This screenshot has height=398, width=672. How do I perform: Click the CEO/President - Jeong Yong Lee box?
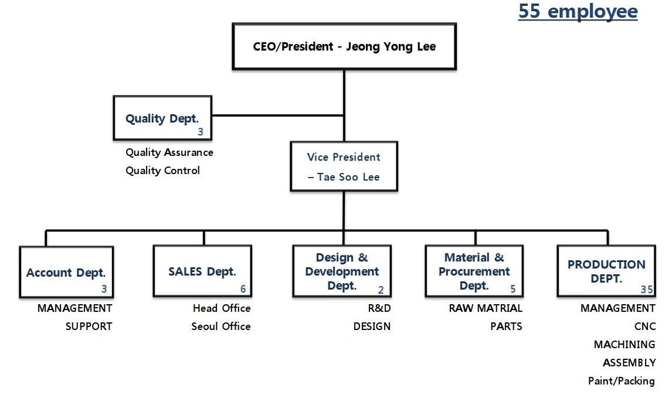coord(344,47)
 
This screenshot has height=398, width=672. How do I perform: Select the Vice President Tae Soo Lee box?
coord(344,166)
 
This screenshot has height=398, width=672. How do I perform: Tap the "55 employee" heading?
coord(578,11)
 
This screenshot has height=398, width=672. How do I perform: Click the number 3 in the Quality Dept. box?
coord(201,132)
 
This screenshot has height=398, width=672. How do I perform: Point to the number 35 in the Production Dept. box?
coord(647,289)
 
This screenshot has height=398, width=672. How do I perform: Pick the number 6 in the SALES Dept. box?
coord(243,289)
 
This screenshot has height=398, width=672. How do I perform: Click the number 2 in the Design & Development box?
coord(381,289)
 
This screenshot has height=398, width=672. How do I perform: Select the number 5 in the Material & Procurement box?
coord(513,289)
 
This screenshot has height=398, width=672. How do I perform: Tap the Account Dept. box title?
coord(66,273)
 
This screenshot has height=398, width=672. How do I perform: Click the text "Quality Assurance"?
coord(169,152)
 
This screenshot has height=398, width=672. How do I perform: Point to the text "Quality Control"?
coord(162,171)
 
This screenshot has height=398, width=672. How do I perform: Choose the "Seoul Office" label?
coord(221,326)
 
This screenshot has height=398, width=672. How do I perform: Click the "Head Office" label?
coord(222,308)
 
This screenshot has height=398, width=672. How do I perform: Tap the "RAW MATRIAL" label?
coord(486,308)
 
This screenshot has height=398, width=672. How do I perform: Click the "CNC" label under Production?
coord(645,326)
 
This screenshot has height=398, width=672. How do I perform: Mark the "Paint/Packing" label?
coord(622,381)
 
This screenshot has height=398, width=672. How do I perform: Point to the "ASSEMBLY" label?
coord(629,363)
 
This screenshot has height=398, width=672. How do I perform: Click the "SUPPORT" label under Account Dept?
coord(89,326)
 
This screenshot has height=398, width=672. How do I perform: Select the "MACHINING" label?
coord(625,345)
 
